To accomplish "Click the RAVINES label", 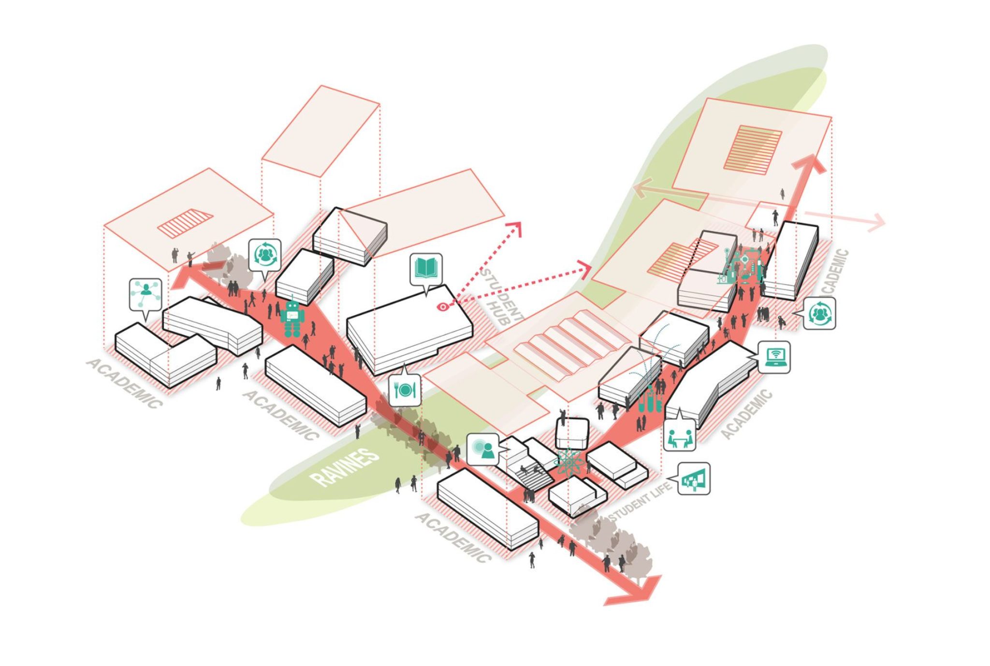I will pos(345,467).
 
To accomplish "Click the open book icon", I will pos(426,268).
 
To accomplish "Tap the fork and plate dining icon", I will pos(405,390).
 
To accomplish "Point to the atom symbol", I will pos(571,462).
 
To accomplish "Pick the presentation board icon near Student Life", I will pos(694,479).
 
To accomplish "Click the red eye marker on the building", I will pos(442,306).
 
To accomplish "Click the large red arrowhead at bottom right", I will pos(638,591).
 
